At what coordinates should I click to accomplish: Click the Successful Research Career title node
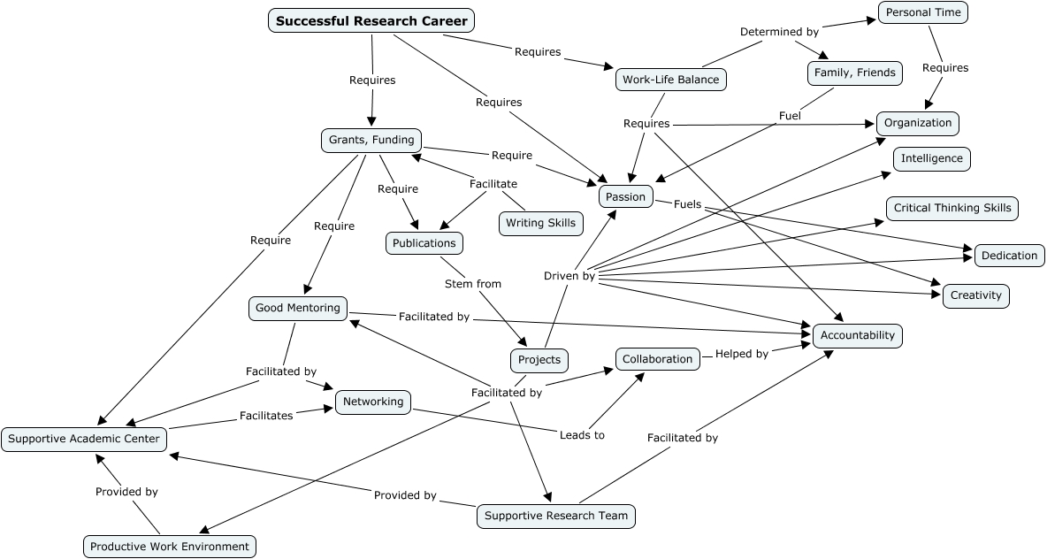tap(371, 21)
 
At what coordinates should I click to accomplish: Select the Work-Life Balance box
tap(671, 80)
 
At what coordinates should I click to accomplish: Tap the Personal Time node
tap(923, 12)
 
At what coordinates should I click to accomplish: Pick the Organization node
tap(918, 123)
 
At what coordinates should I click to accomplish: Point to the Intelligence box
tap(932, 159)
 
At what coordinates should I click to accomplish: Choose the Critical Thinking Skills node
tap(952, 209)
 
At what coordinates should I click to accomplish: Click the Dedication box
tap(1009, 256)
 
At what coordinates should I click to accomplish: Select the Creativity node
tap(976, 295)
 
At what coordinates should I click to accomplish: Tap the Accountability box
tap(858, 335)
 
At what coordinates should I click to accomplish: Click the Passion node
tap(626, 196)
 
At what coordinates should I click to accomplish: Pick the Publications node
tap(424, 243)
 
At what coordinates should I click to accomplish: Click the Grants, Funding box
tap(371, 140)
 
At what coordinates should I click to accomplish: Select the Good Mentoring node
tap(298, 308)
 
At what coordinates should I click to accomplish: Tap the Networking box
tap(373, 402)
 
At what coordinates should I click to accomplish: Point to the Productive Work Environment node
tap(170, 547)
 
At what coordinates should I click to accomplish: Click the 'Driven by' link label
tap(569, 276)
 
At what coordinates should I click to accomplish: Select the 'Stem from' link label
tap(472, 284)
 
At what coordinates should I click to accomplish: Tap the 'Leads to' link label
tap(582, 435)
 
